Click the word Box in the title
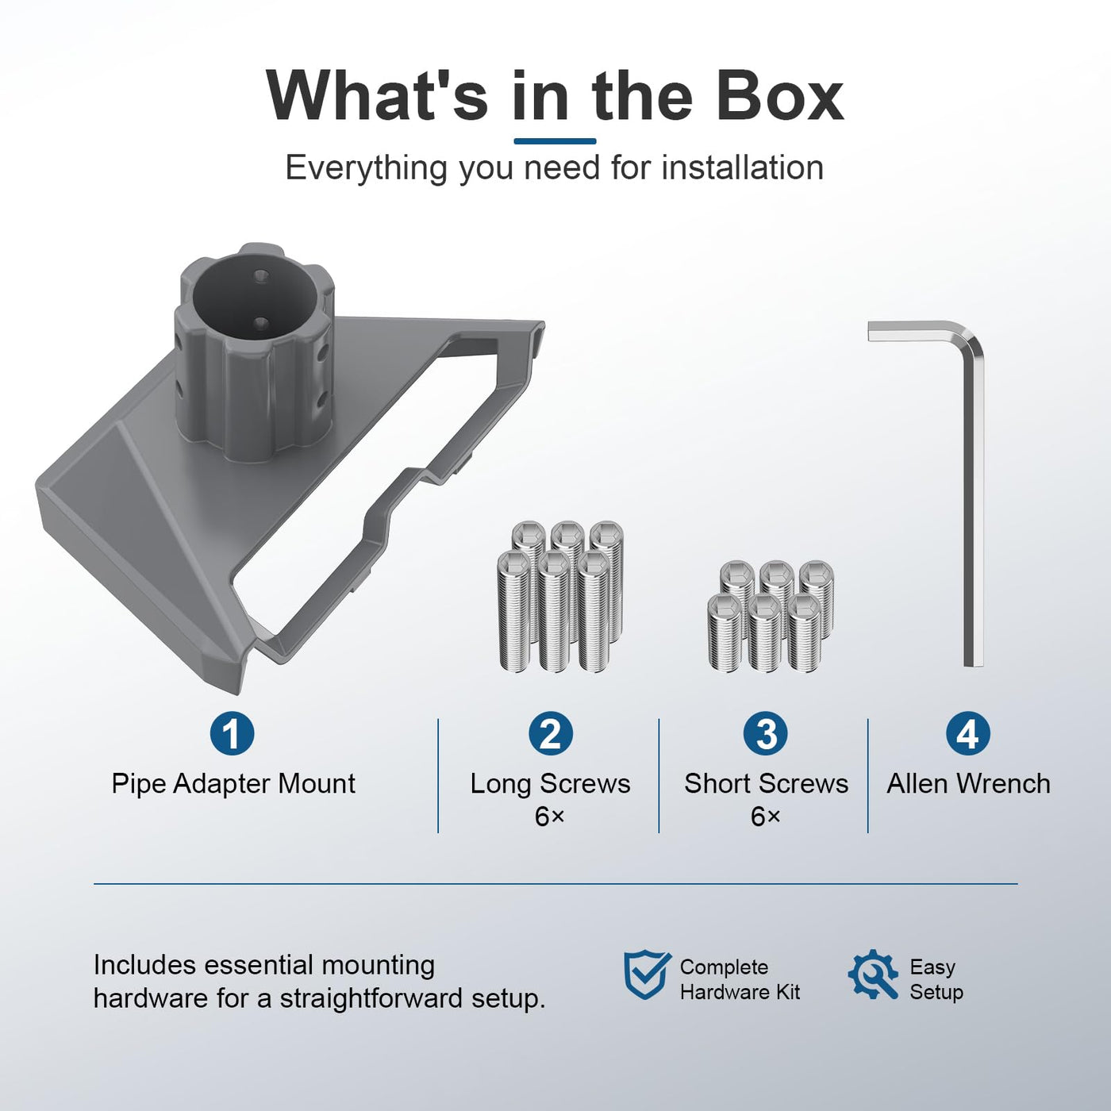coord(780,96)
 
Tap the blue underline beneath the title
coord(555,140)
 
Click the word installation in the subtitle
coord(742,167)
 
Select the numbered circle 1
coord(232,733)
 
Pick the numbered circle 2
coord(551,733)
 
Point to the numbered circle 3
coord(766,733)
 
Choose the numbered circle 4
coord(968,733)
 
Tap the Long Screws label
coord(550,784)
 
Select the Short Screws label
coord(767,784)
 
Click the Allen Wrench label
coord(969,784)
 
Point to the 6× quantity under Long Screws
coord(549,817)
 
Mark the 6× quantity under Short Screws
coord(766,817)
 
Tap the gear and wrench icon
coord(873,974)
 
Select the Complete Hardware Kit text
coord(740,979)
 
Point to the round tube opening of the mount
coord(255,302)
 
